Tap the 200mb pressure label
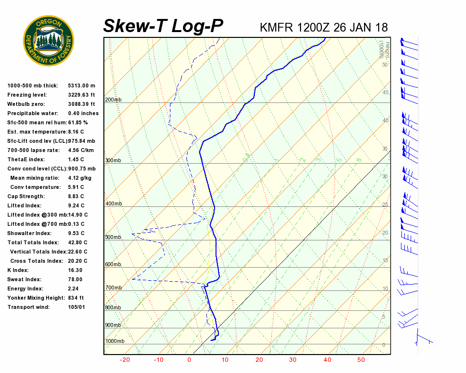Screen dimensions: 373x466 coord(113,100)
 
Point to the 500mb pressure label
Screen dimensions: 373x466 coord(113,237)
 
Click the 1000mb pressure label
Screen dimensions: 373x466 coord(115,341)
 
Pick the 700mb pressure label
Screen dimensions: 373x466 coord(113,288)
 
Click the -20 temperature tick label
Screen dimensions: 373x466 coord(125,360)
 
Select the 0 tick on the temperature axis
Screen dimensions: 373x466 coord(189,360)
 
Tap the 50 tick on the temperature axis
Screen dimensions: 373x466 coord(361,360)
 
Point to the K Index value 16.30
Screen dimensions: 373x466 coord(75,270)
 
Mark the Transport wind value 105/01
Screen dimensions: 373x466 coord(77,307)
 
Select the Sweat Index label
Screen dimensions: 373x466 coord(24,279)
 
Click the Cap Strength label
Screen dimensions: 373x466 coord(26,196)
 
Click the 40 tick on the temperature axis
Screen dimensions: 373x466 coord(327,360)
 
